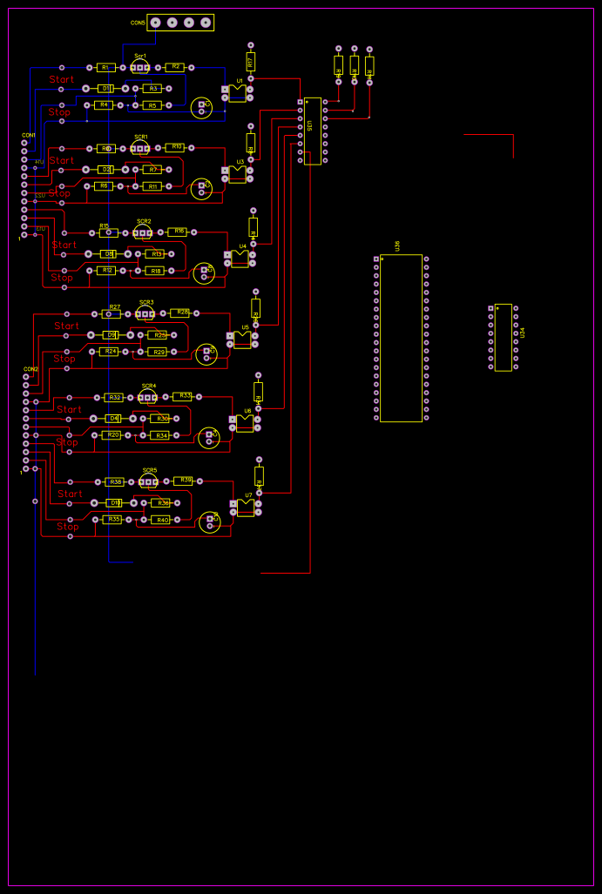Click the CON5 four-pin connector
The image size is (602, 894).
tap(180, 23)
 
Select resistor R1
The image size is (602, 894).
tap(105, 67)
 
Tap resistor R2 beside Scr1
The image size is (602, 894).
tap(174, 67)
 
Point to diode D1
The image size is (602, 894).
tap(105, 88)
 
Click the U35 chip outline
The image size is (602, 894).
tap(312, 131)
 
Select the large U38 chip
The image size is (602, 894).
tap(401, 338)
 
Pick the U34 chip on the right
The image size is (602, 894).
tap(503, 337)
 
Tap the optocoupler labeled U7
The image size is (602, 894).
tap(246, 507)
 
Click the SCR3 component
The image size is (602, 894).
tap(145, 313)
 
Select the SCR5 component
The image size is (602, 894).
tap(149, 481)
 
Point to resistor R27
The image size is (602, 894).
tap(112, 313)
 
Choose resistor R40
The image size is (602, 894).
tap(161, 520)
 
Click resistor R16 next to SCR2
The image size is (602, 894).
tap(178, 232)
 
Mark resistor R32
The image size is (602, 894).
tap(114, 397)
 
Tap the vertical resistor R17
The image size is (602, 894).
tap(251, 62)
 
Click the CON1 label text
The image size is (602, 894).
tap(29, 135)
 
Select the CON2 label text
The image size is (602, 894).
tap(30, 368)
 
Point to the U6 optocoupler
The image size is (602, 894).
tap(245, 422)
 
